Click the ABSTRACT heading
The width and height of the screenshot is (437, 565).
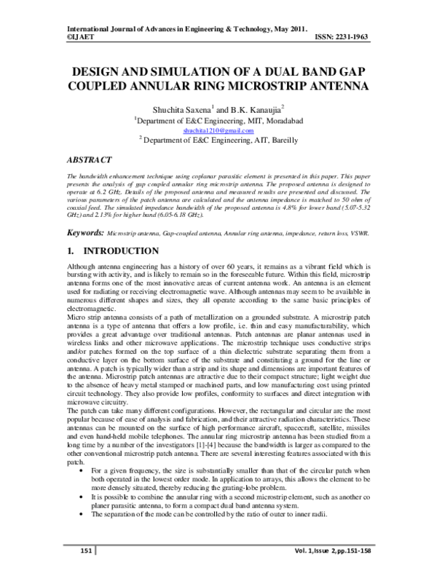(89, 159)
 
